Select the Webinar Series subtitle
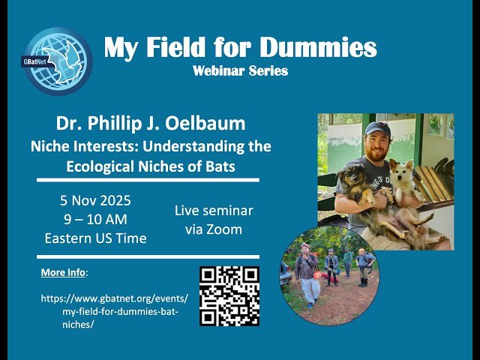(240, 71)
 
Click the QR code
(229, 296)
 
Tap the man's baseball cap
(378, 129)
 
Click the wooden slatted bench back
(436, 184)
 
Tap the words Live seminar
(214, 211)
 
